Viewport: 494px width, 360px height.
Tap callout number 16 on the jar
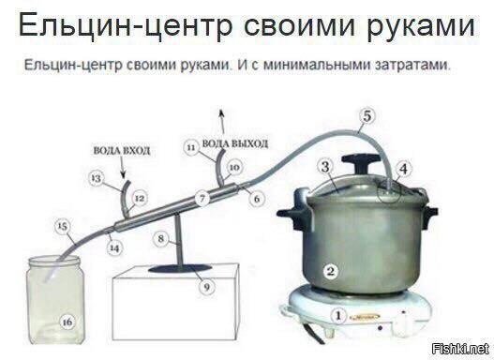click(66, 322)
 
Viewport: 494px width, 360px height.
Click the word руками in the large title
click(409, 27)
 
